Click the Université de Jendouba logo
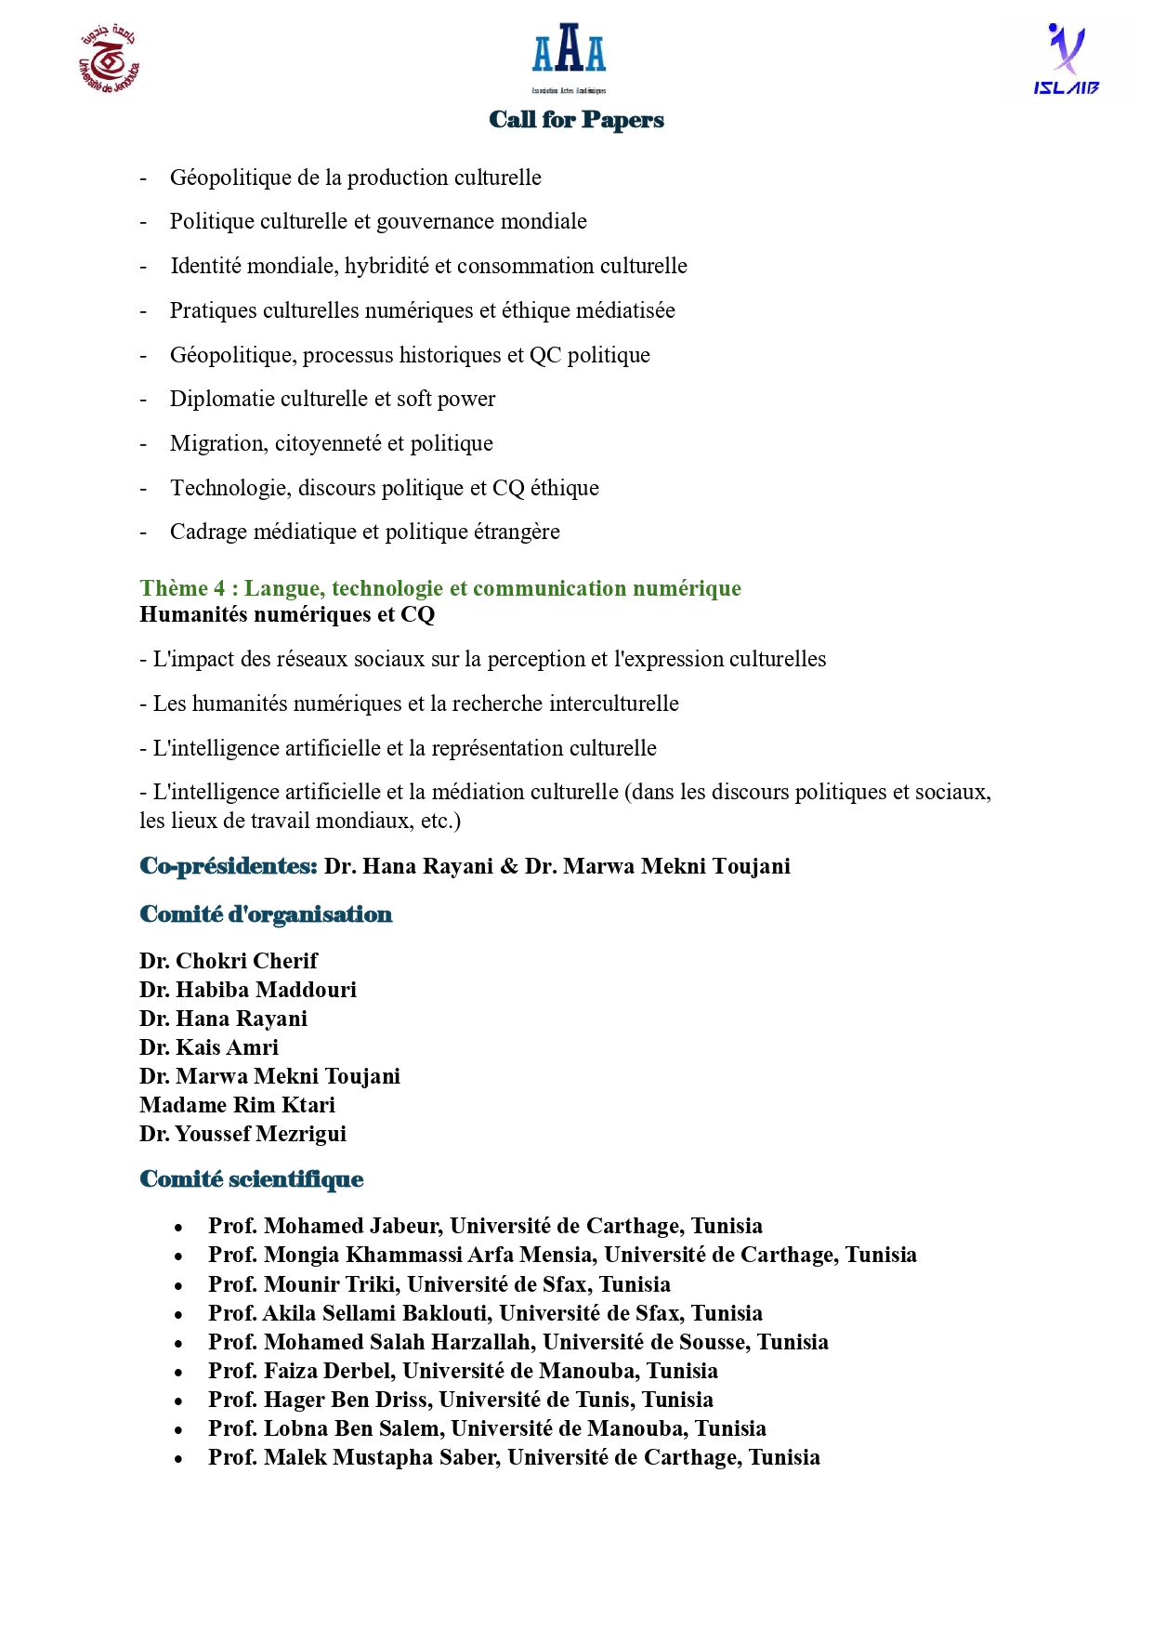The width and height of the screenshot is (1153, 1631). (x=109, y=60)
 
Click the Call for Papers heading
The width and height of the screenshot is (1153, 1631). (x=576, y=120)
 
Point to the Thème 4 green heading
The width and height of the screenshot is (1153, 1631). (x=439, y=588)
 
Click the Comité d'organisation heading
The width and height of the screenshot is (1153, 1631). (x=266, y=914)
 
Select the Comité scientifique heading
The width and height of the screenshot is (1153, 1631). (x=251, y=1179)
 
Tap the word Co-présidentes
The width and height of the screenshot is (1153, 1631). (x=229, y=866)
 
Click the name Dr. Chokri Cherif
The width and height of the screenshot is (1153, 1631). (x=229, y=961)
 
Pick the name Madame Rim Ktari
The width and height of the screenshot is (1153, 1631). (x=237, y=1105)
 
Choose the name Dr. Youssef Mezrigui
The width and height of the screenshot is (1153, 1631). (x=242, y=1134)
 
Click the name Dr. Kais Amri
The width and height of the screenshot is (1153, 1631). (x=209, y=1047)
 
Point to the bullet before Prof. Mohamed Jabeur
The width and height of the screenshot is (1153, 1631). (x=178, y=1229)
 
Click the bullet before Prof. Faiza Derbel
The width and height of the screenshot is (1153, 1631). (x=178, y=1373)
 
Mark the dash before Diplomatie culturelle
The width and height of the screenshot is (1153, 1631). (x=143, y=400)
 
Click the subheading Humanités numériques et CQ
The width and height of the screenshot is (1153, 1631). (x=287, y=614)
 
